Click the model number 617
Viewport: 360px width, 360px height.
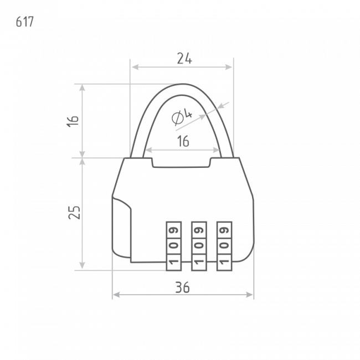click(x=25, y=22)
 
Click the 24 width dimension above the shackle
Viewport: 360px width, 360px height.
click(x=184, y=59)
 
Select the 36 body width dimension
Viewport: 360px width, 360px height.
click(x=183, y=287)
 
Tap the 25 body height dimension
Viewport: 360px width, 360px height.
click(x=74, y=212)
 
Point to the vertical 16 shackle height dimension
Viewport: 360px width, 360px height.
click(x=73, y=121)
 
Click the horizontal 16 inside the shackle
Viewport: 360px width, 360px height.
click(x=183, y=141)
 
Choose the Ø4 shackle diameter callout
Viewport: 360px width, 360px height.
click(x=182, y=117)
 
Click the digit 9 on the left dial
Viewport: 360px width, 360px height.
click(x=174, y=230)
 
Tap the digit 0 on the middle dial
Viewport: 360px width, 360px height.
click(x=199, y=245)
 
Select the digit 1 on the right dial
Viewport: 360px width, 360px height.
click(x=224, y=261)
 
